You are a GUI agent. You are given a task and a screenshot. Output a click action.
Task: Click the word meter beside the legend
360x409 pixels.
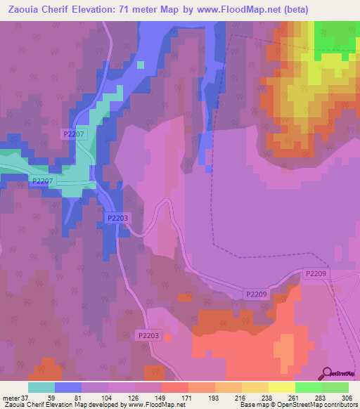click(x=10, y=398)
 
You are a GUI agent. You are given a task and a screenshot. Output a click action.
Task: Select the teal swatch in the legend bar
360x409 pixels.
click(x=41, y=387)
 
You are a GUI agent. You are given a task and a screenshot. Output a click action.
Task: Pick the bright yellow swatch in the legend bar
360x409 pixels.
click(x=281, y=387)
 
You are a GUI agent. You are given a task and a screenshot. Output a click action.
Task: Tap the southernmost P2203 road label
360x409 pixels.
click(x=149, y=335)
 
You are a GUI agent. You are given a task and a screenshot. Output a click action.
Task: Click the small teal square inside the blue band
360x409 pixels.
click(x=141, y=65)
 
